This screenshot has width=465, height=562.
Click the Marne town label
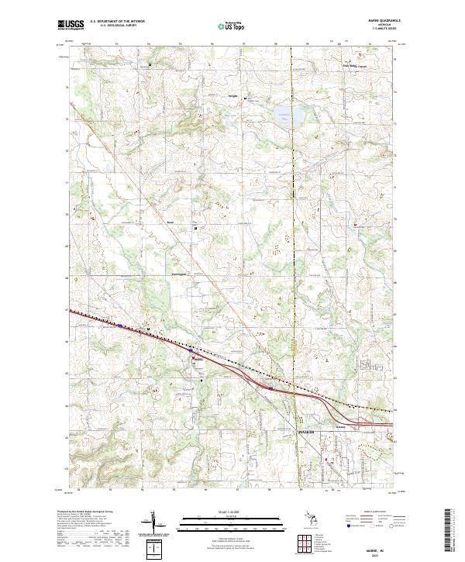click(198, 359)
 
